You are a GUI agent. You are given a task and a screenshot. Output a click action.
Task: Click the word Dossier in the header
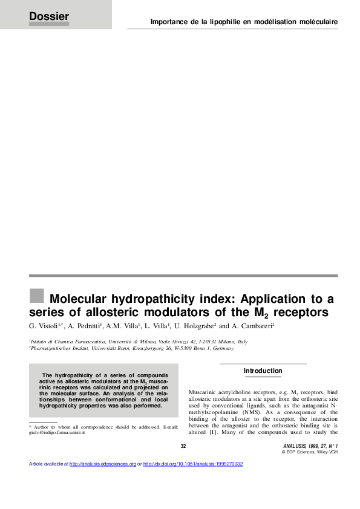point(49,16)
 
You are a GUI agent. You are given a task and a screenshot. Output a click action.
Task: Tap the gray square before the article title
point(37,296)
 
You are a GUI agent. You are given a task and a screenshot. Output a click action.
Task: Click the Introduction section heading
point(263,371)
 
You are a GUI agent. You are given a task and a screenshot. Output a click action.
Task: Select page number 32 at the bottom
point(183,446)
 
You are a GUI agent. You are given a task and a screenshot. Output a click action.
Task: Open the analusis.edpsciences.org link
point(103,464)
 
